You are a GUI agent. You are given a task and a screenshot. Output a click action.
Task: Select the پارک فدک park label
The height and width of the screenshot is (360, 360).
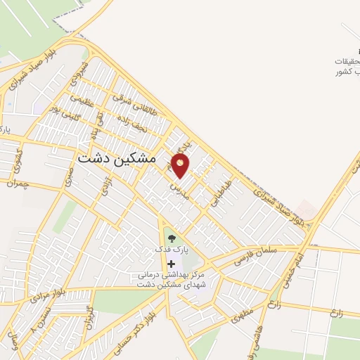pyautogui.click(x=172, y=250)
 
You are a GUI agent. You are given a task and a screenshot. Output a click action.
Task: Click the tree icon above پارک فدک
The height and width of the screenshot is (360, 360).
pyautogui.click(x=172, y=238)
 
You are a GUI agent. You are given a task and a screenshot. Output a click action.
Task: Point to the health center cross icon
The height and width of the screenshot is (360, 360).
pyautogui.click(x=172, y=264)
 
